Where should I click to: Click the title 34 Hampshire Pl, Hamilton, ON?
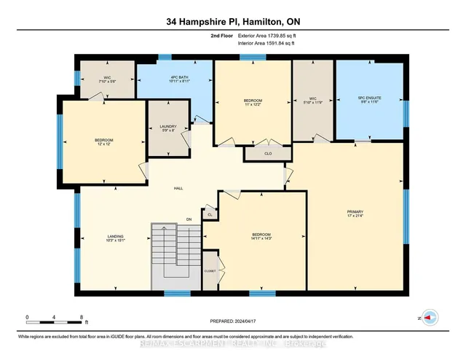click(232, 22)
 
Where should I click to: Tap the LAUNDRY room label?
click(168, 126)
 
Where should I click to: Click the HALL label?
click(178, 188)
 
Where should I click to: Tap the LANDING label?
click(115, 236)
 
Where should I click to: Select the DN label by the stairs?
click(188, 219)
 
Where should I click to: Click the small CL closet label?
click(209, 215)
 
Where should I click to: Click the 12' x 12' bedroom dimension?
click(104, 144)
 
